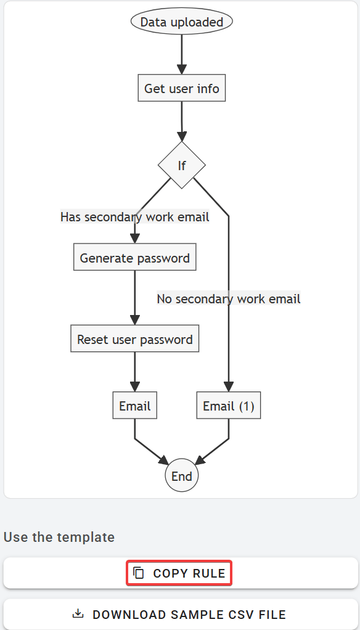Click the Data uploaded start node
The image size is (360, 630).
click(x=181, y=22)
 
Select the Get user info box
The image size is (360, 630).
click(x=181, y=89)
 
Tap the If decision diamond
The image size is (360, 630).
click(x=182, y=165)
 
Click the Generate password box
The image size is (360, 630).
click(x=134, y=258)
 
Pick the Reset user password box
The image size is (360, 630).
click(x=134, y=339)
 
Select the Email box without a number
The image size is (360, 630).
click(x=134, y=406)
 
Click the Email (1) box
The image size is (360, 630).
click(x=229, y=406)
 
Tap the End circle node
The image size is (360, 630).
click(x=182, y=476)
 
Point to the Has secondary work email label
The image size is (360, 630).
click(x=134, y=217)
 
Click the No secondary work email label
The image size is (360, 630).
click(x=229, y=299)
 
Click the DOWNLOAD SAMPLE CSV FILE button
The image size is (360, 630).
click(x=181, y=615)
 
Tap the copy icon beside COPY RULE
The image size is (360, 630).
click(x=139, y=573)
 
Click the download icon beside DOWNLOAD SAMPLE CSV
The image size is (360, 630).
click(x=78, y=614)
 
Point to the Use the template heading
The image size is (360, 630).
click(x=59, y=537)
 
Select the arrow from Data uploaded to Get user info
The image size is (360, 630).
click(x=181, y=55)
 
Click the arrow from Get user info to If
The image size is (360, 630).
click(x=181, y=121)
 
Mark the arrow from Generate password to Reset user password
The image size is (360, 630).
click(x=134, y=298)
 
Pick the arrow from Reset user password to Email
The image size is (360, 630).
click(x=134, y=372)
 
